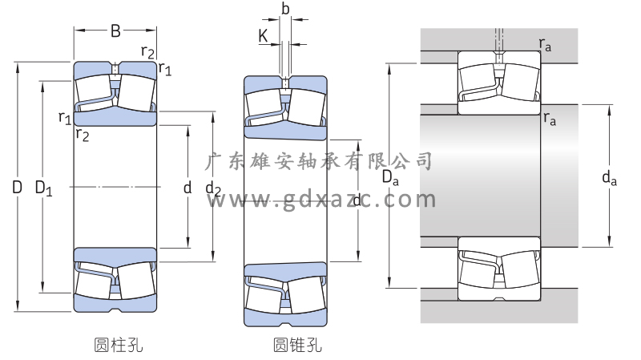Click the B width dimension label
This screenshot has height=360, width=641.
click(115, 31)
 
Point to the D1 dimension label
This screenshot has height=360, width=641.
click(43, 190)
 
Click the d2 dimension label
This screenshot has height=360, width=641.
click(212, 189)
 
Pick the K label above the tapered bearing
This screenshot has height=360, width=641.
click(263, 35)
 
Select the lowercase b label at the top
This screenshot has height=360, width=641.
click(284, 9)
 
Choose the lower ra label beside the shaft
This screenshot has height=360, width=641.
click(550, 119)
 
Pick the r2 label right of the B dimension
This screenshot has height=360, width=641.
click(148, 52)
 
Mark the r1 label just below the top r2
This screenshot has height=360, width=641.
click(165, 68)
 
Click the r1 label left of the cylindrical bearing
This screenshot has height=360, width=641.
click(65, 118)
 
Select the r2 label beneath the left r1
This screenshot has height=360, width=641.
click(82, 134)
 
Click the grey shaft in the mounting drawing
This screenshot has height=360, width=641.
click(489, 176)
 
